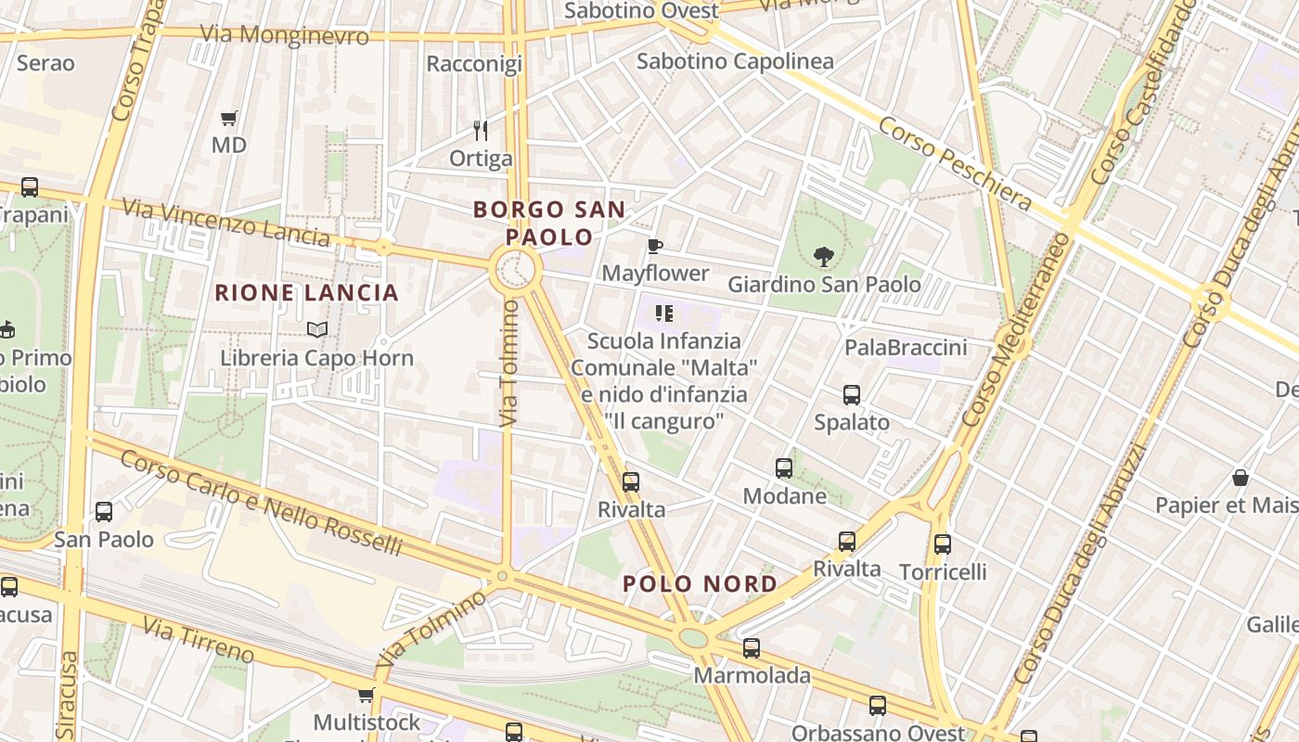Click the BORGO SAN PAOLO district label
click(549, 223)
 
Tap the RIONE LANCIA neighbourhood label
click(306, 293)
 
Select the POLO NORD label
click(700, 583)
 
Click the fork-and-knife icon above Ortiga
click(480, 130)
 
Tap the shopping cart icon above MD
click(228, 118)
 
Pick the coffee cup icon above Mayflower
click(655, 247)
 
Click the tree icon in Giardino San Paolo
click(823, 257)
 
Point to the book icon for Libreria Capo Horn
click(316, 329)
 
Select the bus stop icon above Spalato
click(852, 395)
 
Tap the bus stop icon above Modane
click(784, 468)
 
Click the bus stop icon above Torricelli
click(943, 544)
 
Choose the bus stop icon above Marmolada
click(752, 648)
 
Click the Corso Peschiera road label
click(955, 163)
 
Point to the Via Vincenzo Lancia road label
click(225, 223)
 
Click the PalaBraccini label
click(906, 348)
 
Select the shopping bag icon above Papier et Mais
click(1241, 479)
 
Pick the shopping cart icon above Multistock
click(366, 696)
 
